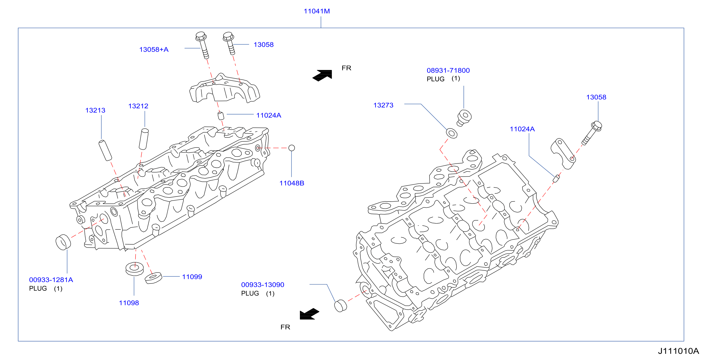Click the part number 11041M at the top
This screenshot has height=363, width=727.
pos(317,11)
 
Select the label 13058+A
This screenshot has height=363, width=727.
pos(154,50)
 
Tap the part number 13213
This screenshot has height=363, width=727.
pos(95,110)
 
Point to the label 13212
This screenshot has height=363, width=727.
pos(138,106)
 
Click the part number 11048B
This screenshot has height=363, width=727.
pos(292,183)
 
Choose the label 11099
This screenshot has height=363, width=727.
pos(192,277)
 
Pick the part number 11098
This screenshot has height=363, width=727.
pos(129,303)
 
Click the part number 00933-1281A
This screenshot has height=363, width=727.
pos(51,280)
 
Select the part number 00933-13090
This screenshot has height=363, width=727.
pos(263,285)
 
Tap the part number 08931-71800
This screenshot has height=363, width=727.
pos(448,70)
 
